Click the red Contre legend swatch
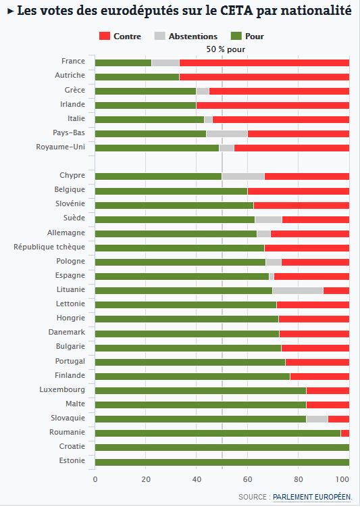(105, 36)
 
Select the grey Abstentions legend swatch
(159, 36)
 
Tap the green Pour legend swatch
(236, 36)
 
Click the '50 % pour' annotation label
(226, 49)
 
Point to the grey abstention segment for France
(165, 63)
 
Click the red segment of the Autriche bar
(264, 77)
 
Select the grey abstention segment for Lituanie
(298, 291)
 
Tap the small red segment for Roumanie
(345, 433)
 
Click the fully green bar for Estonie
(222, 462)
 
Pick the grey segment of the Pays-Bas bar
(227, 134)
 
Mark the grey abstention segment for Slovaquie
(317, 419)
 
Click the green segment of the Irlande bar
(146, 105)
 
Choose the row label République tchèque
(49, 247)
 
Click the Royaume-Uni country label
(60, 147)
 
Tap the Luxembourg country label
(62, 389)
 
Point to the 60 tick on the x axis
(247, 479)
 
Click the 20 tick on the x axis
(146, 479)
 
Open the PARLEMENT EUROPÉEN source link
(312, 497)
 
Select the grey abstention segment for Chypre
(243, 176)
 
